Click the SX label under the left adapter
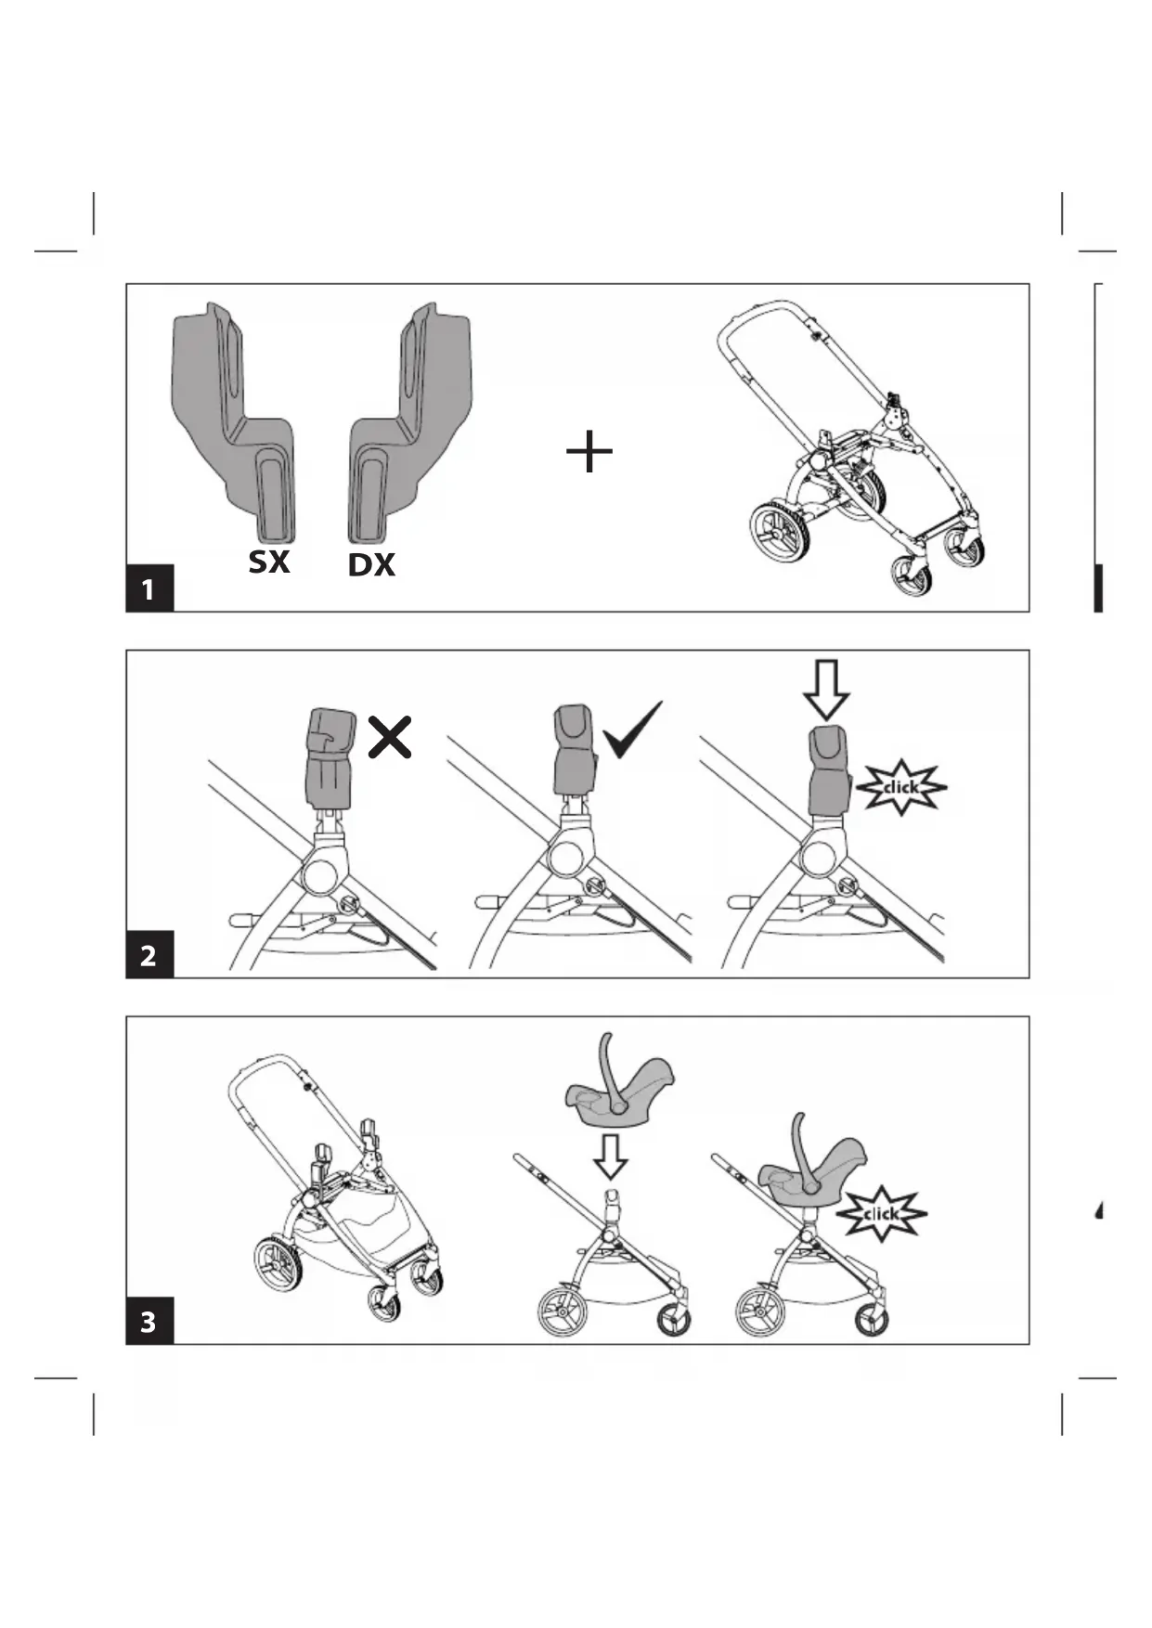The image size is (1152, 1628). (x=269, y=562)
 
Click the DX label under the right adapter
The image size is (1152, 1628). (x=371, y=564)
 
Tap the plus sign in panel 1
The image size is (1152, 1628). (x=589, y=453)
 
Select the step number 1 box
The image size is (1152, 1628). (x=149, y=588)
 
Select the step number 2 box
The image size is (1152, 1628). (x=149, y=955)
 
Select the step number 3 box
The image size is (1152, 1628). (x=149, y=1321)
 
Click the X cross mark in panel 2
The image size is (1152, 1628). (x=390, y=738)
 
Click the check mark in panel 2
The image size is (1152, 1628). (x=633, y=730)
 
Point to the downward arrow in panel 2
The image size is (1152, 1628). (x=826, y=689)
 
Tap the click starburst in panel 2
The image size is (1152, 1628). (x=900, y=787)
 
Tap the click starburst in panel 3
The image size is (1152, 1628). (x=881, y=1213)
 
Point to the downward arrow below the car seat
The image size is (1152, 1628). (x=610, y=1155)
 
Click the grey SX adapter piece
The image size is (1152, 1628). (x=237, y=418)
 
